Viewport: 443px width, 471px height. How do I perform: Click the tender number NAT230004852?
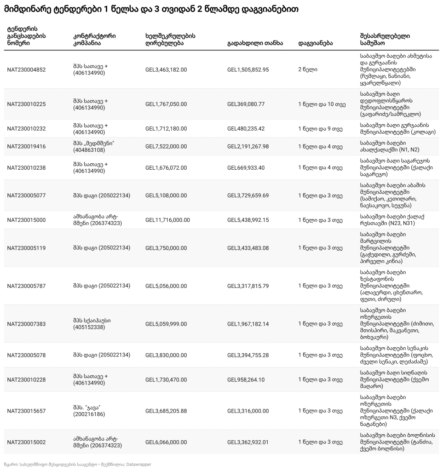click(26, 70)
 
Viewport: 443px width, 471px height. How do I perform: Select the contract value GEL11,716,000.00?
click(167, 220)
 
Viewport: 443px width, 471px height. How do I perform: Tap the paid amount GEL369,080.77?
click(246, 104)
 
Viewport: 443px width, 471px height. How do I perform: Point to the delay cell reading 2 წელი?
click(307, 70)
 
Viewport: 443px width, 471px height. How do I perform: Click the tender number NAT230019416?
click(26, 147)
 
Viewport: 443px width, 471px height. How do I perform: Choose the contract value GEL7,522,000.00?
click(166, 147)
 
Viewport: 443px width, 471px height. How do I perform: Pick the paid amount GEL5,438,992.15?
click(248, 220)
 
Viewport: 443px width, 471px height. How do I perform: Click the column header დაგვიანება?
click(316, 43)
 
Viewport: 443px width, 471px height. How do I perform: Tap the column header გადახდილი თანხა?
click(255, 43)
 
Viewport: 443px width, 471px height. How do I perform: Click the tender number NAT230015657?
click(26, 411)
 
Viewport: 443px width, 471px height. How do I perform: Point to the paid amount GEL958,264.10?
click(246, 379)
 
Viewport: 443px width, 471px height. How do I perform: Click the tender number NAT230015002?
click(26, 442)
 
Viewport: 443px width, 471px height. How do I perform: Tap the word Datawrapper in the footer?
click(138, 465)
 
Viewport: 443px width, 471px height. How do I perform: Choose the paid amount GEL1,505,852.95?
click(248, 70)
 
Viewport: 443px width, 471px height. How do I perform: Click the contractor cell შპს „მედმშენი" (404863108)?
click(93, 147)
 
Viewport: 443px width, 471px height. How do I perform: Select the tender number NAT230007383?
click(26, 324)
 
